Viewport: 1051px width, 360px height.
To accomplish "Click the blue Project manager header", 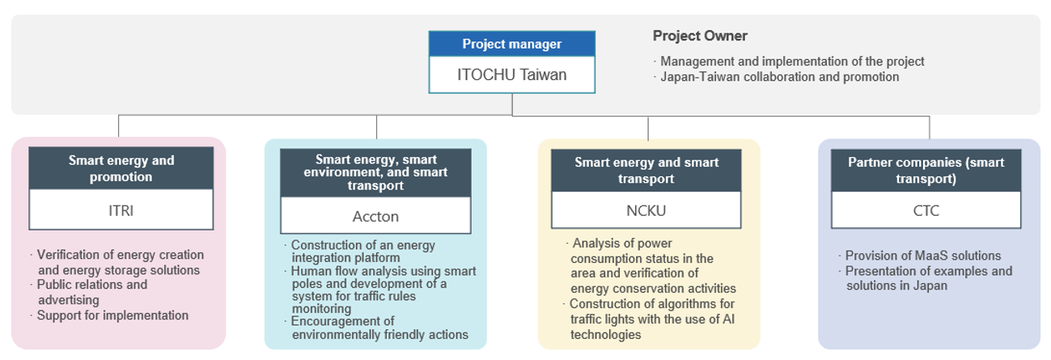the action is (x=512, y=44).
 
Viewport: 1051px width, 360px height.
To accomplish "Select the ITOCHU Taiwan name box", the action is (x=512, y=74).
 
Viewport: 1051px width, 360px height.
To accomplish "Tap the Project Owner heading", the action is (x=700, y=36).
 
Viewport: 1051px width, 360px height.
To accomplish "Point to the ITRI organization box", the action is (x=121, y=210).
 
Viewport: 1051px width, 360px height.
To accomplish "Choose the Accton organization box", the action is (x=375, y=215).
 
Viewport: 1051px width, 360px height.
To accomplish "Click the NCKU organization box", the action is (x=646, y=210).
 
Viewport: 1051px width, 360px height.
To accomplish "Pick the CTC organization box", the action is (x=926, y=210).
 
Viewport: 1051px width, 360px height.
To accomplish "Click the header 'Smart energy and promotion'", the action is (x=121, y=168).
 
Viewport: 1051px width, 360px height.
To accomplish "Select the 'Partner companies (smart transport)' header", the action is (x=926, y=171).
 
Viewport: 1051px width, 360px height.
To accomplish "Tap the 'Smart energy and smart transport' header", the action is (x=646, y=171).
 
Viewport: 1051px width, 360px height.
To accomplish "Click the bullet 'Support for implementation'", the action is (x=112, y=316).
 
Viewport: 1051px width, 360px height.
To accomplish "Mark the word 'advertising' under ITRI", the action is (x=69, y=300).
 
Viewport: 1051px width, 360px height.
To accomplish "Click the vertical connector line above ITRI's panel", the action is (x=119, y=125).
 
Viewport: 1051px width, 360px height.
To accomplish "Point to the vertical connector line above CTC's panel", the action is (x=930, y=128).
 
